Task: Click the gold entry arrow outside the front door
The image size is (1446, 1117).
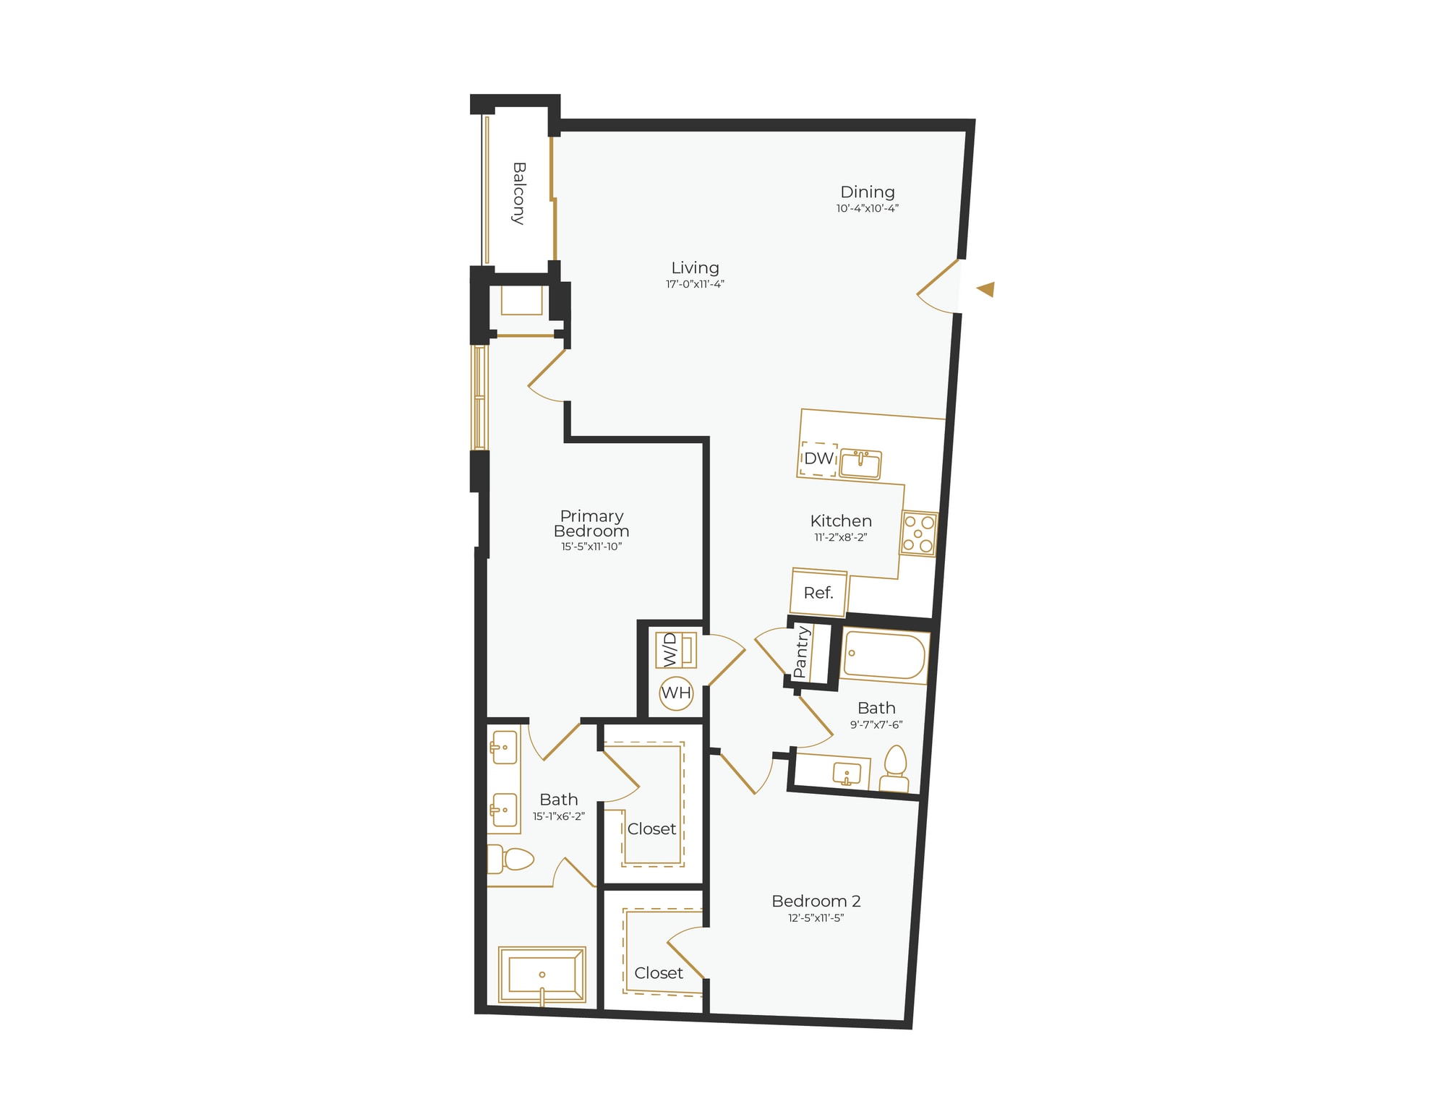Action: pos(985,289)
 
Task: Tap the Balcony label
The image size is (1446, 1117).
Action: pos(518,193)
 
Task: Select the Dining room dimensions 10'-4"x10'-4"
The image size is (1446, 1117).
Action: pos(867,208)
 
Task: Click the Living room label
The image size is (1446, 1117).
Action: pos(695,268)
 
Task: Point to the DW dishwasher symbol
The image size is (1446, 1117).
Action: pos(818,458)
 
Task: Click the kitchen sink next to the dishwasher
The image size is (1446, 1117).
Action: pos(860,465)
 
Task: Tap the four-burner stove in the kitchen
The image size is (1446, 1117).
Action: pos(919,534)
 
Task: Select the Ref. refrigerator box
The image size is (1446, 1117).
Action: pos(818,593)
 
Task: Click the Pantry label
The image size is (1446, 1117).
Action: pos(800,652)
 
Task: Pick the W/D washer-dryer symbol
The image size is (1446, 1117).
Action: pos(675,650)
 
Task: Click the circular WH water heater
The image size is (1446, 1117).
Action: pos(676,693)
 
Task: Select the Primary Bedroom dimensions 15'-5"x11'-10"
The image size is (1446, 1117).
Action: pos(591,547)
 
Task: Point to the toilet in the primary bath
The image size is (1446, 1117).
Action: pos(511,859)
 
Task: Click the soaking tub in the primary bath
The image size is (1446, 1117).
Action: pos(542,975)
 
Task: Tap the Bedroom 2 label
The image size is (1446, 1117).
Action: pos(816,902)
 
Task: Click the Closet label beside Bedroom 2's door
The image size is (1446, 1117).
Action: pos(658,973)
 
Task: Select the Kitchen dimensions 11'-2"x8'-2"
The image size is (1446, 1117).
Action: pos(840,537)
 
